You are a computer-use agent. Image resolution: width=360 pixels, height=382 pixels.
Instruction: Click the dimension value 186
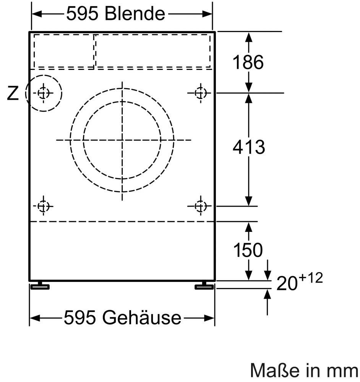point(248,62)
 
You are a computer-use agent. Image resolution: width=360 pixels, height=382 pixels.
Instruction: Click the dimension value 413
point(249,147)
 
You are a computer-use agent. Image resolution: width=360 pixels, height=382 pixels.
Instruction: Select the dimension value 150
point(248,250)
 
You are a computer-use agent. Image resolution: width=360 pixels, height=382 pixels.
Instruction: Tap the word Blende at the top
point(135,13)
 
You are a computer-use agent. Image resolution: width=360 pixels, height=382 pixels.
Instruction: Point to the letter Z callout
point(13,93)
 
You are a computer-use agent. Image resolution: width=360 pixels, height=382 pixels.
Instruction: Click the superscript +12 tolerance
point(311,278)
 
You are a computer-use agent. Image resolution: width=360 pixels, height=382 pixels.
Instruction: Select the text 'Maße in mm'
point(304,371)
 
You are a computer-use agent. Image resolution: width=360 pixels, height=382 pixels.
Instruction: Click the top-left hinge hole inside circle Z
point(44,93)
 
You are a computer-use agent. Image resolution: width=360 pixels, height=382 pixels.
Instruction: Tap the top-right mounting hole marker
point(201,93)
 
